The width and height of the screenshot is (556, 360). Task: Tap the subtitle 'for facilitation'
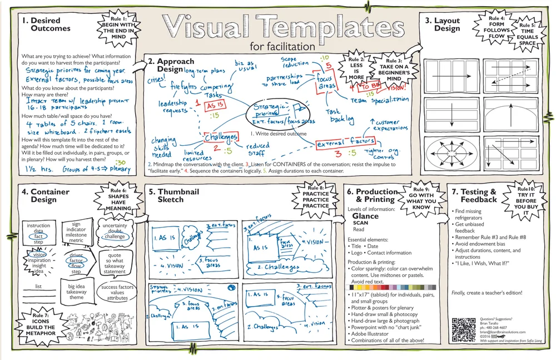pyautogui.click(x=282, y=46)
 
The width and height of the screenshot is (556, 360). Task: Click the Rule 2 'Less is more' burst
pyautogui.click(x=356, y=68)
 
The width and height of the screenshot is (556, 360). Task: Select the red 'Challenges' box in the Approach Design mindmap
pyautogui.click(x=221, y=136)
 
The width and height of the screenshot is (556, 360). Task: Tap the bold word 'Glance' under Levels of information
pyautogui.click(x=365, y=216)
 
